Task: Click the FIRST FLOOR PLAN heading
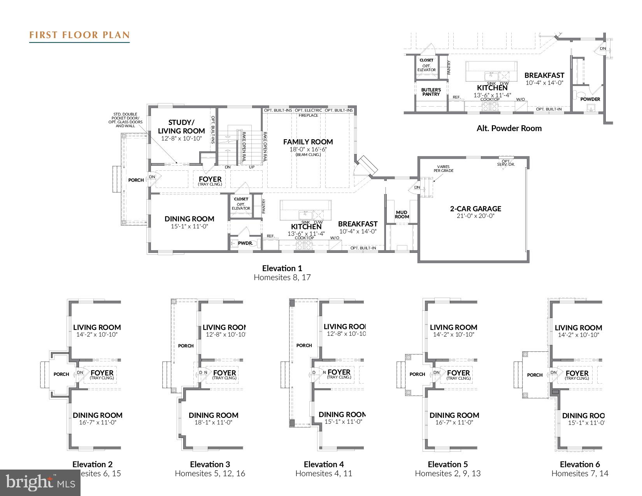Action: point(79,35)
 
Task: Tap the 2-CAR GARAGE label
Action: point(475,209)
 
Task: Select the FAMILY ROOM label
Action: point(308,142)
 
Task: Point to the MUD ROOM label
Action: point(402,215)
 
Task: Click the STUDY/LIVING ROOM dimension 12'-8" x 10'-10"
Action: point(181,138)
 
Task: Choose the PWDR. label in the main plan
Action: point(246,244)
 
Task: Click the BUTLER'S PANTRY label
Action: point(431,92)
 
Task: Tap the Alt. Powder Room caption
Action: point(509,128)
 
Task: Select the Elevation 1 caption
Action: point(282,268)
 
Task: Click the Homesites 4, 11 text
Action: point(324,473)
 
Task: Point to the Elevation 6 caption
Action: point(580,464)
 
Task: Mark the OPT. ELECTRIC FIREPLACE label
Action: point(309,112)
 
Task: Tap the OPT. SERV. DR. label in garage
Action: point(506,163)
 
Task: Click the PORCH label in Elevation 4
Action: point(304,345)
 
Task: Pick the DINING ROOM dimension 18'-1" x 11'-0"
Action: point(213,422)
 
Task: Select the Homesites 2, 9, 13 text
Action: point(447,473)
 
